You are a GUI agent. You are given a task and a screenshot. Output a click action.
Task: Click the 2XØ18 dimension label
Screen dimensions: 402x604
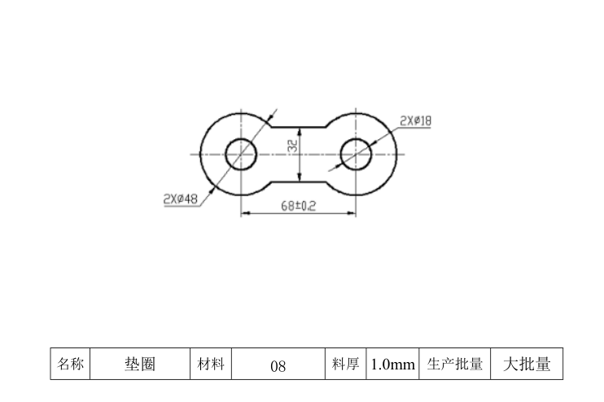click(x=415, y=121)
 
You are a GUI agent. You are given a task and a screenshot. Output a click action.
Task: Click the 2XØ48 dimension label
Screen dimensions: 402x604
click(x=181, y=199)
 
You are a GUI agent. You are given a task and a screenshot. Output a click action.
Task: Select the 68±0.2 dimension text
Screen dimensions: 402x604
click(x=298, y=207)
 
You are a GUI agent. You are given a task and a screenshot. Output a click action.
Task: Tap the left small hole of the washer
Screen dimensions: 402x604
click(x=241, y=153)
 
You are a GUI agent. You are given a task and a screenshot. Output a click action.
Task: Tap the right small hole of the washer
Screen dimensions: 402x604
click(x=357, y=153)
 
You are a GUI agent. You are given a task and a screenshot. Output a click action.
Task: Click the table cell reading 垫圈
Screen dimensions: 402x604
click(x=140, y=365)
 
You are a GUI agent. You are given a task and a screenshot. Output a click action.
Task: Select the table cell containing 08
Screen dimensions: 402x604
click(x=278, y=365)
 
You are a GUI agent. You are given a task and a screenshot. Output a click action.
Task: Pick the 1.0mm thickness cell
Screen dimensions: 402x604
click(x=392, y=365)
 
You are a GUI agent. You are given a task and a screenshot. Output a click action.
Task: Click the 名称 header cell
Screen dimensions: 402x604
click(x=71, y=365)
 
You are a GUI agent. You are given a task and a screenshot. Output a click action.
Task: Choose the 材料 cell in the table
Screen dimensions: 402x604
click(x=211, y=365)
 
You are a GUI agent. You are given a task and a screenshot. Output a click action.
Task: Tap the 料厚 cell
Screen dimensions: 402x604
click(x=345, y=365)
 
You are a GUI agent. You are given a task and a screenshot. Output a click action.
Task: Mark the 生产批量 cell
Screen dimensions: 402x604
click(x=455, y=365)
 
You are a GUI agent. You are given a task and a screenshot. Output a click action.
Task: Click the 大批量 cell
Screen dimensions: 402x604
click(x=527, y=365)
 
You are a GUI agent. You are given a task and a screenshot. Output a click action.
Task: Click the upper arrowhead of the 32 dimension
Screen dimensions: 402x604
click(x=300, y=130)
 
